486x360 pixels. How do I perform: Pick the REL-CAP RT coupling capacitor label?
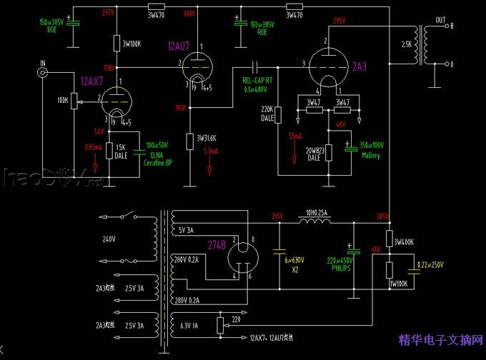click(258, 81)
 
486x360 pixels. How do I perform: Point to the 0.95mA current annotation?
click(94, 147)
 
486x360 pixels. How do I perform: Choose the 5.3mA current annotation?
click(212, 151)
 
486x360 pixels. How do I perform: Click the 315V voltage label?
click(278, 216)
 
